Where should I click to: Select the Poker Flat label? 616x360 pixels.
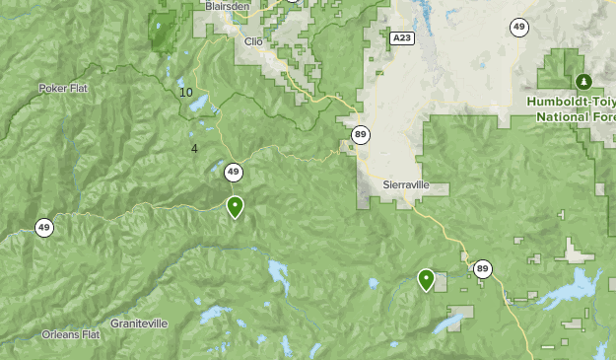pyautogui.click(x=65, y=88)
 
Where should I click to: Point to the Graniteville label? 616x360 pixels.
pyautogui.click(x=139, y=324)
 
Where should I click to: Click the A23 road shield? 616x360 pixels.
pyautogui.click(x=399, y=37)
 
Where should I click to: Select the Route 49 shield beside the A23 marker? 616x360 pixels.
pyautogui.click(x=518, y=27)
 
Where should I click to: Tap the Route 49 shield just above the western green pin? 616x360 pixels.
pyautogui.click(x=233, y=173)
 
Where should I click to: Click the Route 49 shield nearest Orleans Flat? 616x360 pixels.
pyautogui.click(x=43, y=228)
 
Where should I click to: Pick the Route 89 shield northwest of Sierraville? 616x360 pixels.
pyautogui.click(x=362, y=135)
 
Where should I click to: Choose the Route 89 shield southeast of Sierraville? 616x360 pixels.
pyautogui.click(x=482, y=268)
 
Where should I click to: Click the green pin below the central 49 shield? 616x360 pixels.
pyautogui.click(x=235, y=207)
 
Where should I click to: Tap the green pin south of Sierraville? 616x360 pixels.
pyautogui.click(x=426, y=280)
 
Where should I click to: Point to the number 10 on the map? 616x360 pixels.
pyautogui.click(x=186, y=93)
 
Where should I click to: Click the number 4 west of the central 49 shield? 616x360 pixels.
pyautogui.click(x=194, y=149)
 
